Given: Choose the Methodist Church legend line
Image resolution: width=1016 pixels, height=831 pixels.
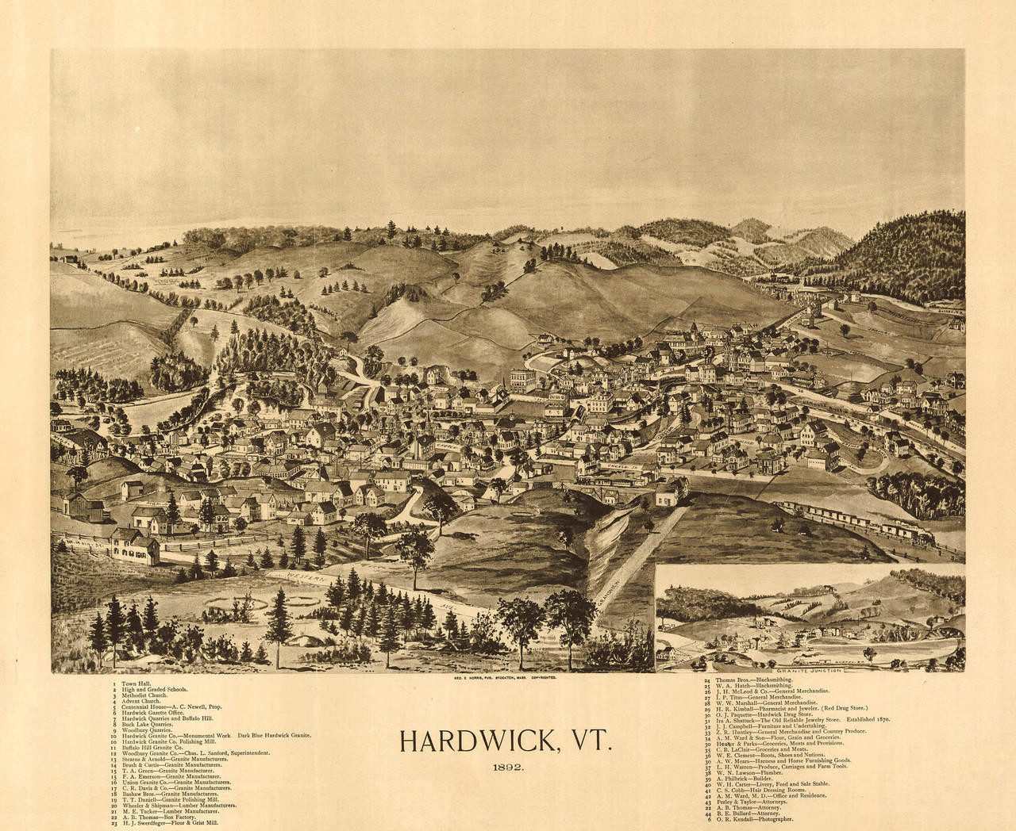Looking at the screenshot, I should click(140, 696).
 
